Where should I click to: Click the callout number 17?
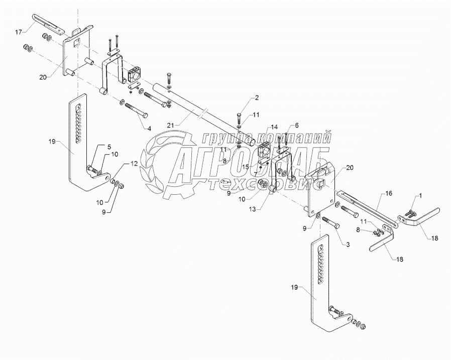coord(19,32)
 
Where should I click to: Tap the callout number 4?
coord(150,129)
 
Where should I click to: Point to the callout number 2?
coord(257,98)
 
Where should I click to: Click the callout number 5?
coord(109,147)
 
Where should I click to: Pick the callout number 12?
coord(134,164)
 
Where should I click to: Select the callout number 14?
coord(274,127)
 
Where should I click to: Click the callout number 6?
coord(296,125)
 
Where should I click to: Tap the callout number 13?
coord(252,209)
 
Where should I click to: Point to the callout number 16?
coord(389,193)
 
